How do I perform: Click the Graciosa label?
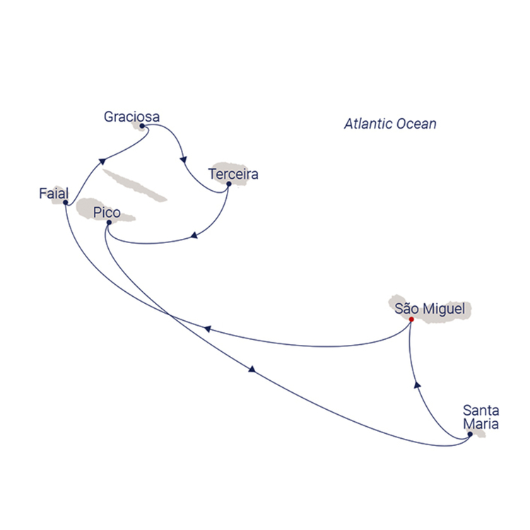tap(131, 117)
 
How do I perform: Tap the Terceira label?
tap(233, 174)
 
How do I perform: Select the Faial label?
tap(54, 194)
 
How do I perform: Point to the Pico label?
tap(107, 213)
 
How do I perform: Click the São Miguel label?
tap(430, 309)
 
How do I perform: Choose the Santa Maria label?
tap(481, 417)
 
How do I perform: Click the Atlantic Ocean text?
tap(390, 124)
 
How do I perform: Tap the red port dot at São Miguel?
tap(411, 319)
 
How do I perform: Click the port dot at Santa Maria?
tap(470, 435)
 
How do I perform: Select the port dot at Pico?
tap(109, 223)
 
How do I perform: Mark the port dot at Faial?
tap(66, 203)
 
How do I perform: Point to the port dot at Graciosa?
tap(142, 126)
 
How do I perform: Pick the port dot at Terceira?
tap(229, 184)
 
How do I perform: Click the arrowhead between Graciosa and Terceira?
tap(184, 160)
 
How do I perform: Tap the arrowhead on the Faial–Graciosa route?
tap(102, 161)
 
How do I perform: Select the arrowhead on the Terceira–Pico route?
tap(194, 235)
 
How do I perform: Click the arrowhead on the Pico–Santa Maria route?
tap(252, 369)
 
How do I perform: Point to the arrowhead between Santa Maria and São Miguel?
tap(418, 384)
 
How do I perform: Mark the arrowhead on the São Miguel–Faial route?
tap(208, 329)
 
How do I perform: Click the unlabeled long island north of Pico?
tap(134, 186)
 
